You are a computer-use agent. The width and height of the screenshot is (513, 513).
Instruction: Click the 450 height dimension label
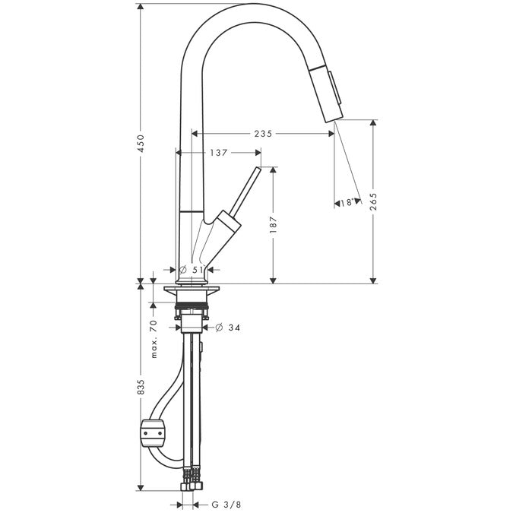141,143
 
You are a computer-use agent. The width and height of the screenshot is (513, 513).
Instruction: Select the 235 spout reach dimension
264,134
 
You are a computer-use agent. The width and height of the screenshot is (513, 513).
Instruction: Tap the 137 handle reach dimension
219,153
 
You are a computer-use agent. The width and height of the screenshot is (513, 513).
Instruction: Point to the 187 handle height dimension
274,225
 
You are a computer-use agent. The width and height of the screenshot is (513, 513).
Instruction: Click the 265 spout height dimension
373,201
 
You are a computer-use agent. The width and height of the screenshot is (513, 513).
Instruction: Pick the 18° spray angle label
347,203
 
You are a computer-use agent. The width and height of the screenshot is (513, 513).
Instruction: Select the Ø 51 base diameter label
192,270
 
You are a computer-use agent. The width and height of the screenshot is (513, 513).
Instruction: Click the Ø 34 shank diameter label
228,327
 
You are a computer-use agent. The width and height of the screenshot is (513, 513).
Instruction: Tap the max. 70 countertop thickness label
154,339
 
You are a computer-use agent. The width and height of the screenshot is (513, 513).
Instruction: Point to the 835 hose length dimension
141,386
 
